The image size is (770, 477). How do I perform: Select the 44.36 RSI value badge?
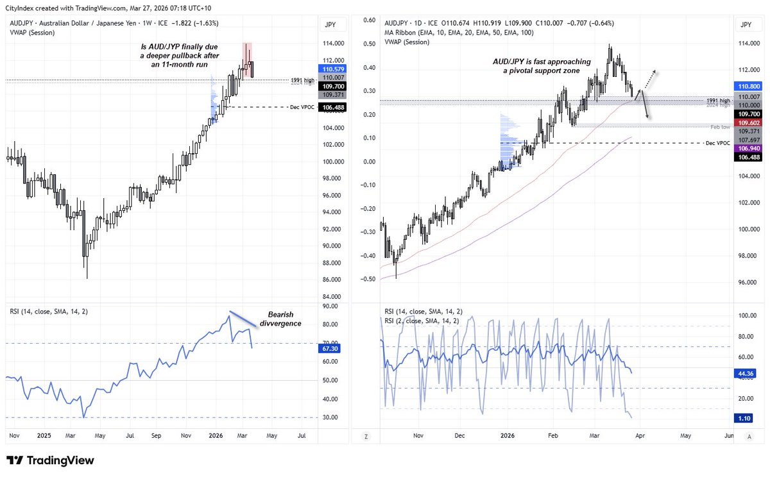tap(746, 372)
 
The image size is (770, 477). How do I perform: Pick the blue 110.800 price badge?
tap(746, 85)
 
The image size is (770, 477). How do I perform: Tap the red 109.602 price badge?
tap(746, 122)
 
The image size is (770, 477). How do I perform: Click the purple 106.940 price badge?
tap(746, 148)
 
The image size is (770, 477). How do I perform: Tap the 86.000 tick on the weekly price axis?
tap(332, 280)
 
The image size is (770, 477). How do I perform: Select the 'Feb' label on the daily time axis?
tap(552, 436)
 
